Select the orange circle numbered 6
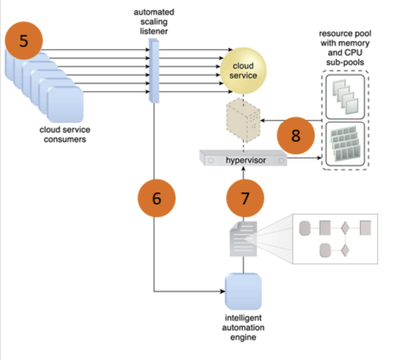(x=157, y=198)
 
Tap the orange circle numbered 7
(x=246, y=198)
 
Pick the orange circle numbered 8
(x=295, y=135)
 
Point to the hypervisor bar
(x=244, y=159)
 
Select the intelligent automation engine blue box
(x=244, y=291)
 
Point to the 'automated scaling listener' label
(x=154, y=21)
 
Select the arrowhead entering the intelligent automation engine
(x=222, y=291)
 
